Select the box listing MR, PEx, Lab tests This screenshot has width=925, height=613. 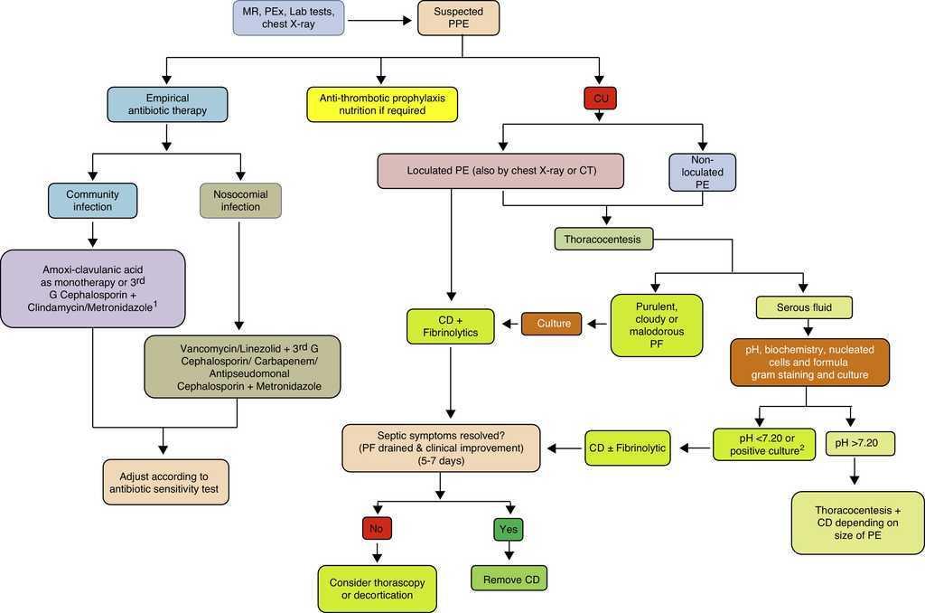coord(288,18)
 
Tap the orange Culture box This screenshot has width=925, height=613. coord(551,323)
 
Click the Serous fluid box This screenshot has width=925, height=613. coord(804,307)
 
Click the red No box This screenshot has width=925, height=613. coord(377,527)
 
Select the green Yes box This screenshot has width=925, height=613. coord(509,527)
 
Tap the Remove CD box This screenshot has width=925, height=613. coord(509,576)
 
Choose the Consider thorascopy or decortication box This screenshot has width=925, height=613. coord(378,588)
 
